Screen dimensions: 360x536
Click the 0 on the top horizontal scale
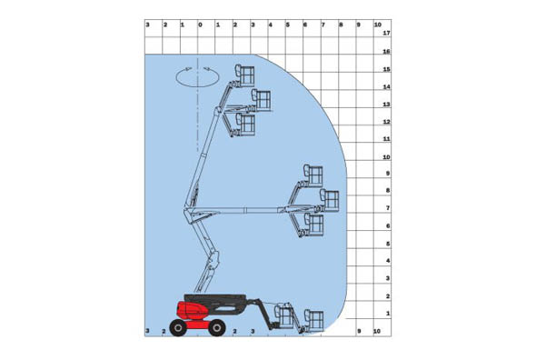click(200, 25)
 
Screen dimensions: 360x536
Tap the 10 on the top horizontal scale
click(376, 25)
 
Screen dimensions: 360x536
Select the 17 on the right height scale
click(387, 34)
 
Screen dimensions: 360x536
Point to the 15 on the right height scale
click(387, 69)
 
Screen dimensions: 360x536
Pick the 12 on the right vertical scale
click(387, 122)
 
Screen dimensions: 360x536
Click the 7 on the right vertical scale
click(387, 208)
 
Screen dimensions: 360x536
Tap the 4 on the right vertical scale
click(387, 261)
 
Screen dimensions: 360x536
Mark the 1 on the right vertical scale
click(387, 314)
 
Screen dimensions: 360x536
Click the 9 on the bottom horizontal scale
click(359, 332)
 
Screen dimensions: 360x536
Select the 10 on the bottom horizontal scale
click(376, 332)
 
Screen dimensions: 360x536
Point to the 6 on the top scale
click(305, 25)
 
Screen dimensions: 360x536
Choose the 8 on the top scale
click(341, 25)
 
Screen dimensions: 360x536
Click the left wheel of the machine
click(177, 327)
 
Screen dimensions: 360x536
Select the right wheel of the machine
click(216, 327)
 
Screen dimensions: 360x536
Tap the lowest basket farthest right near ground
click(314, 319)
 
